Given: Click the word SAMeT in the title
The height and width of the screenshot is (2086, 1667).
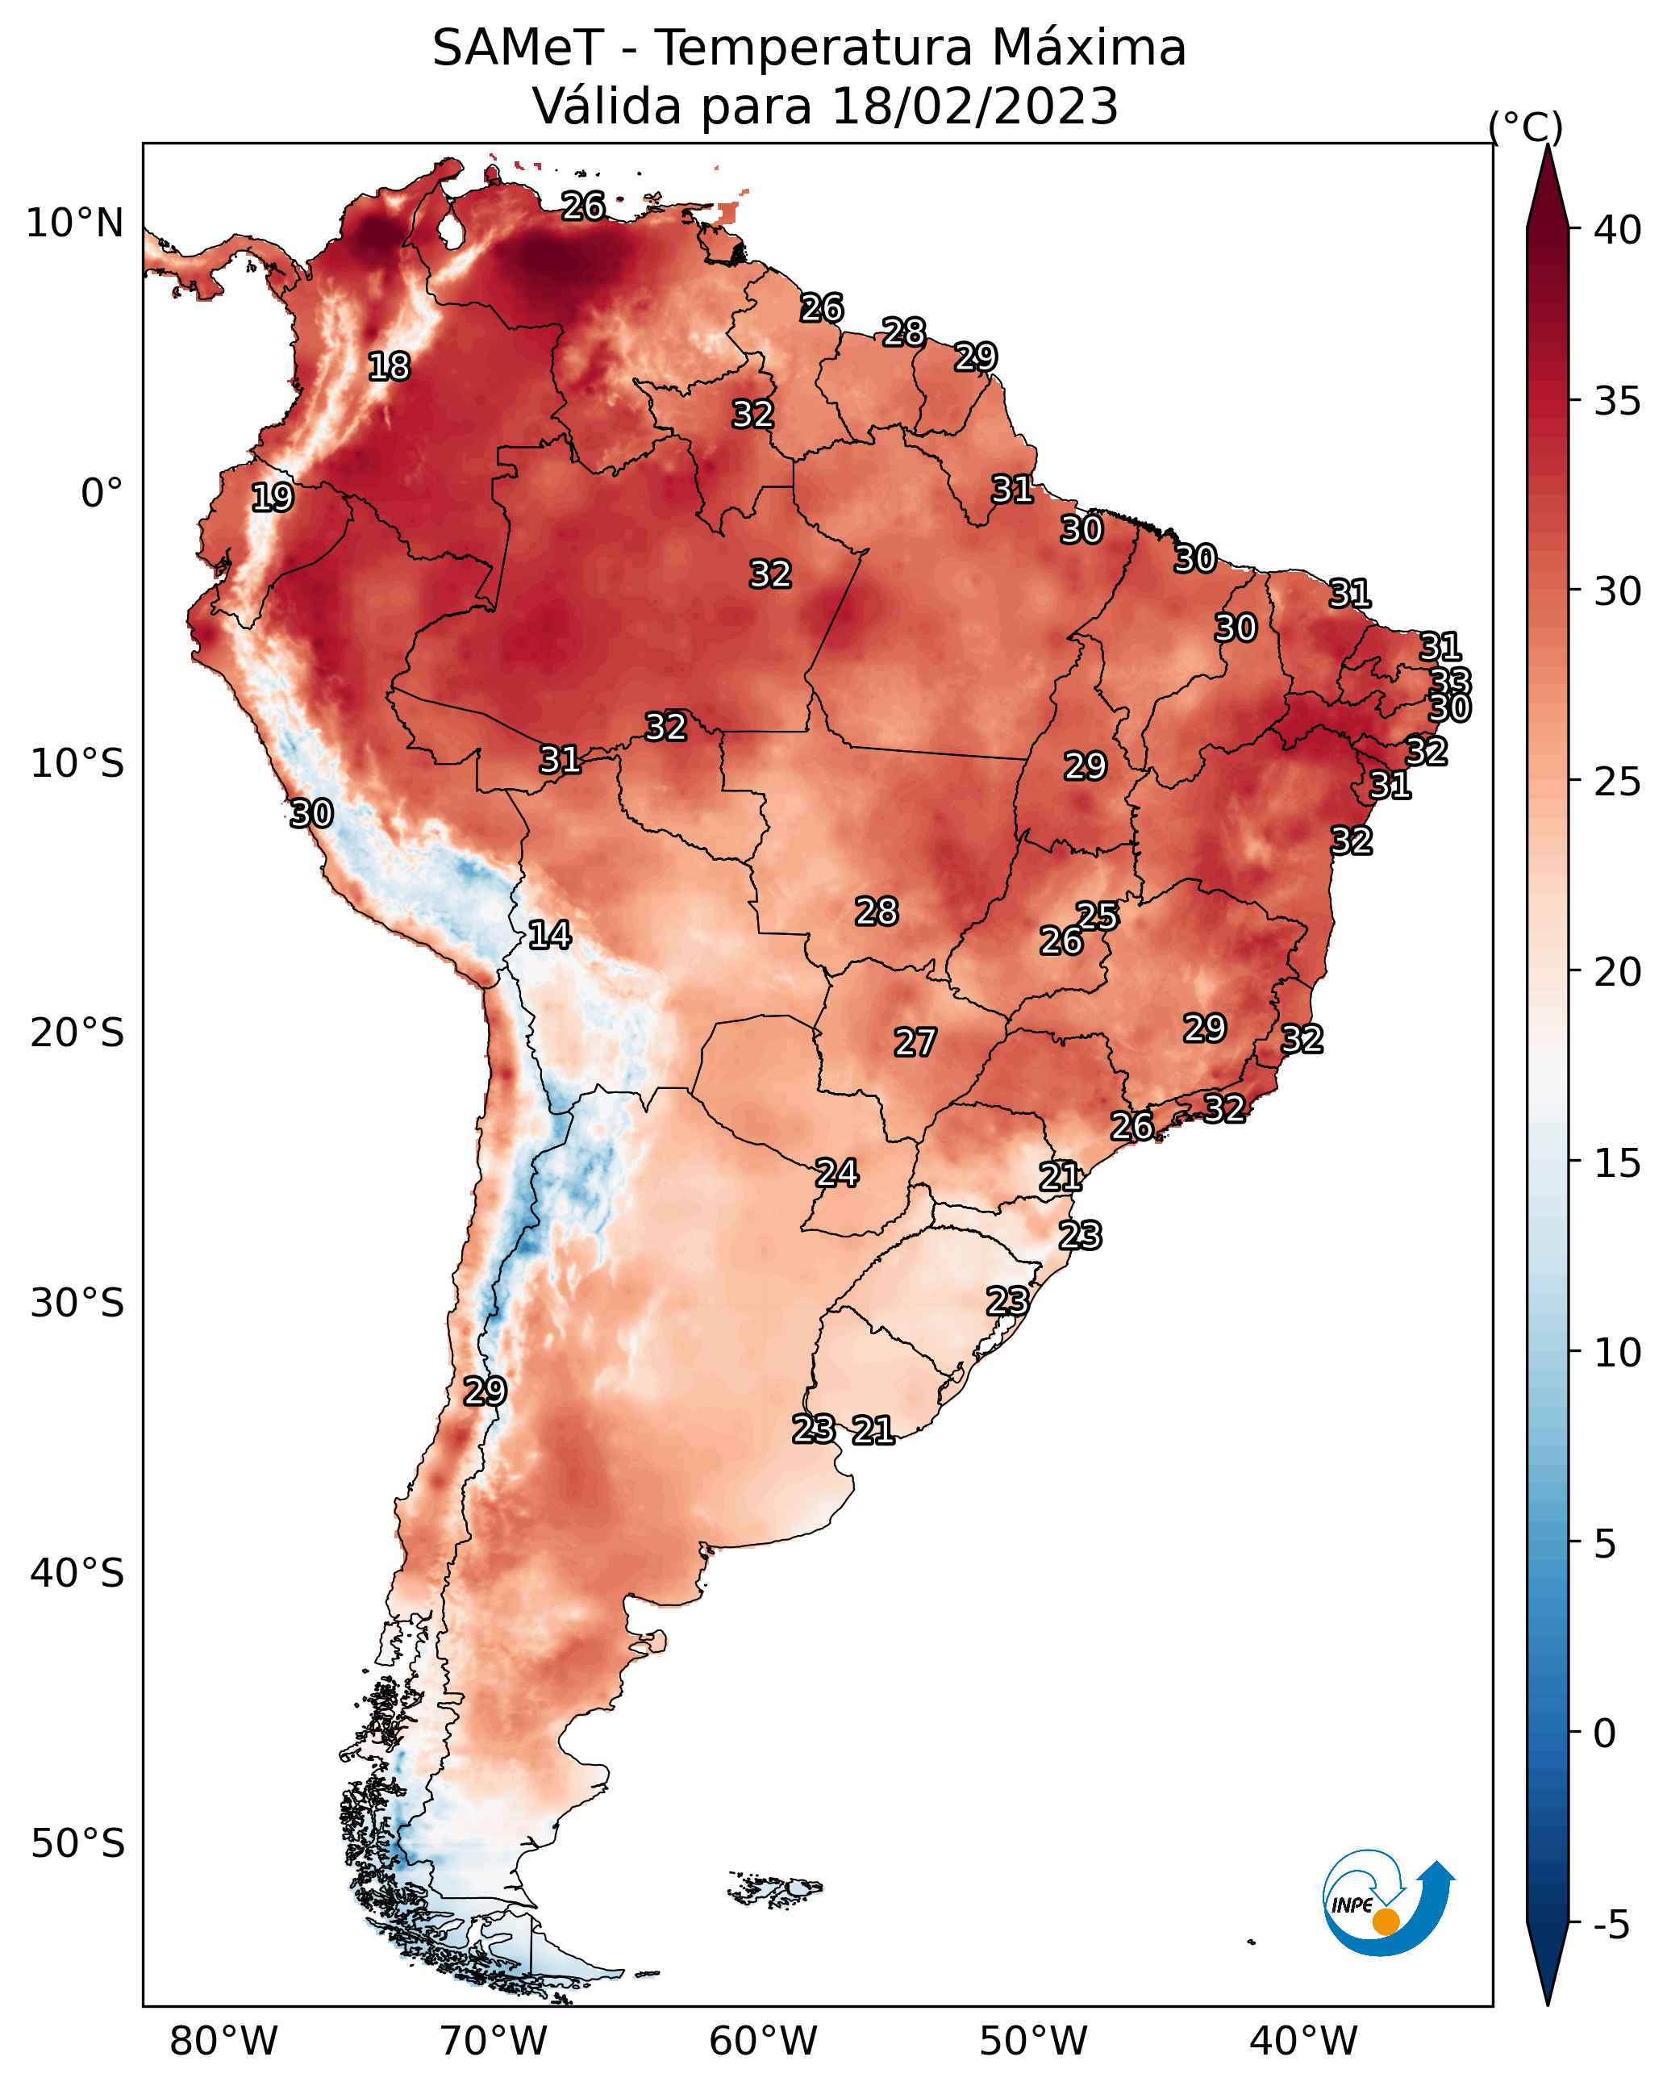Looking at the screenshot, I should pos(518,48).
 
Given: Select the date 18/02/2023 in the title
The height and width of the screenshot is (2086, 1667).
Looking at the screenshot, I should pos(974,107).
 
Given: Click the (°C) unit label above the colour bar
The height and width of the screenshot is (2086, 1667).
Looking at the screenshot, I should pos(1525,127).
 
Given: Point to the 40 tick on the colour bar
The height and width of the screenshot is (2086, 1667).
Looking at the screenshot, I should pos(1618,230).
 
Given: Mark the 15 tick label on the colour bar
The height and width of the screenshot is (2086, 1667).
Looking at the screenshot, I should pos(1618,1163).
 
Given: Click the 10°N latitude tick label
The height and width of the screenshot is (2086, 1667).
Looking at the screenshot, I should pos(74,223).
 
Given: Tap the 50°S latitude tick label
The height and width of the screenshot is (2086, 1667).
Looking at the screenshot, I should pos(77,1844).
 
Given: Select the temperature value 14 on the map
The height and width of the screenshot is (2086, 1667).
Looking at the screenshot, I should pos(549,935).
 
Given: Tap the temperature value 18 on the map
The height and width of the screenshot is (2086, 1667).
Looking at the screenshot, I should pos(389,367).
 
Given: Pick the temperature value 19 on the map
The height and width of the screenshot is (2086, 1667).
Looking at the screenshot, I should pos(272,498).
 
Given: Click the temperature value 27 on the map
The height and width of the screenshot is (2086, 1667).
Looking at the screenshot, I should pos(915,1042).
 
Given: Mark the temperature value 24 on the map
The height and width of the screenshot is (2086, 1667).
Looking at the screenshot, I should pos(837,1173).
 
